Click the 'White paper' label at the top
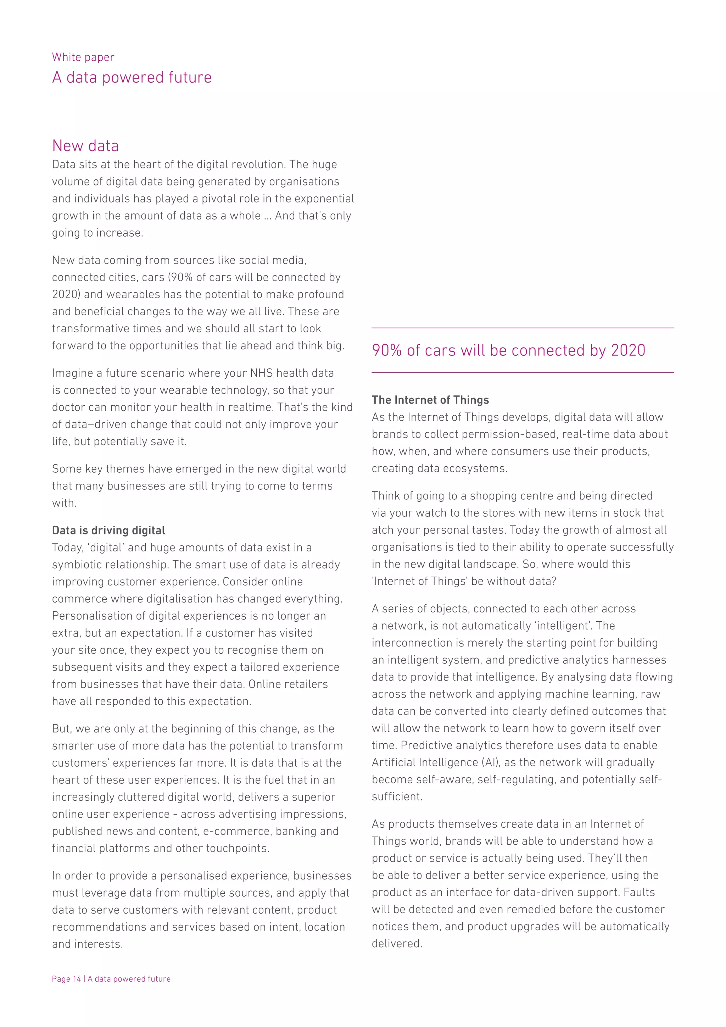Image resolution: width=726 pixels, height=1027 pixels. point(83,57)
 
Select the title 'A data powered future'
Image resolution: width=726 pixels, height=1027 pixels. point(132,77)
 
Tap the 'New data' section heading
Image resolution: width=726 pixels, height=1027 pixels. point(85,146)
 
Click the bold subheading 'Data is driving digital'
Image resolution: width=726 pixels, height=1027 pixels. point(108,531)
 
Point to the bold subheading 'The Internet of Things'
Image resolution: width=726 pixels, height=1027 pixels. point(430,400)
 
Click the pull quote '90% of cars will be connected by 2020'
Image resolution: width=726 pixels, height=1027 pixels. point(508,350)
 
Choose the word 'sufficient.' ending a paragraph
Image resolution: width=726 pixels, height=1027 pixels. point(397,796)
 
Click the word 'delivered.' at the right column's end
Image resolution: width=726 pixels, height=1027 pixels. point(397,943)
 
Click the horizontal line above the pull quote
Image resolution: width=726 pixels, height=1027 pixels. point(523,328)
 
